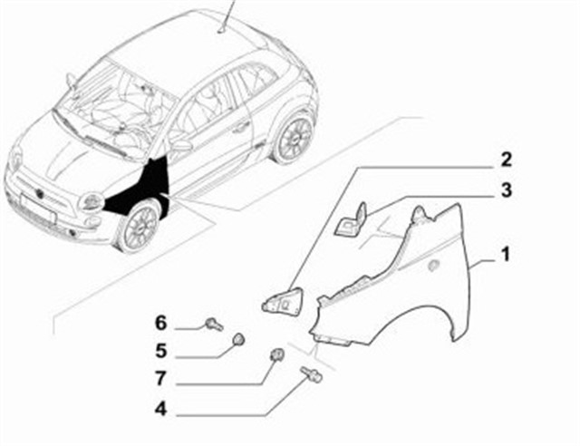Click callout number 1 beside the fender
point(505,255)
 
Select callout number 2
point(506,160)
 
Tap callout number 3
point(506,189)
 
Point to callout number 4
point(160,410)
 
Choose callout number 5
point(161,350)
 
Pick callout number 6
point(161,323)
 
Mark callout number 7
point(160,378)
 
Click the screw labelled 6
point(214,325)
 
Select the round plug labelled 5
point(238,339)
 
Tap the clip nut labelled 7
point(277,354)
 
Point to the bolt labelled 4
point(311,373)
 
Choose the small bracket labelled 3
point(351,220)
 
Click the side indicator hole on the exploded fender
point(432,265)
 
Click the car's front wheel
point(139,226)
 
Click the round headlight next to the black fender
point(91,202)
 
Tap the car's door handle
point(240,126)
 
